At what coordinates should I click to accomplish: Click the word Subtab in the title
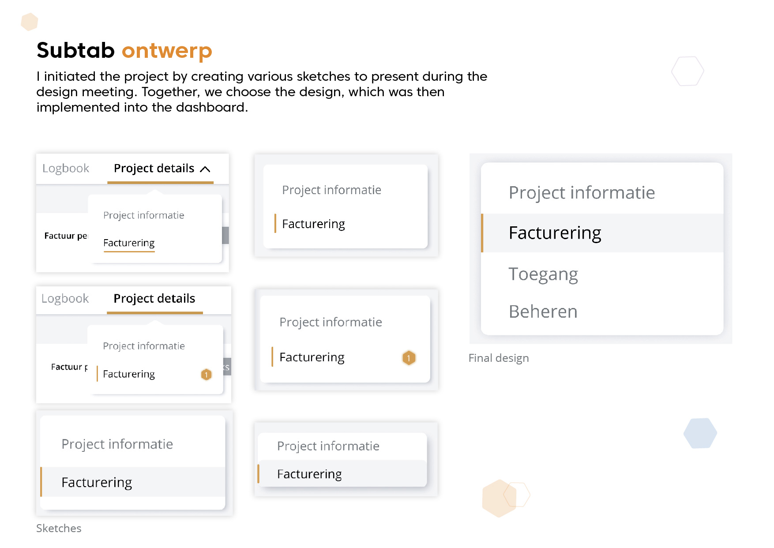[75, 50]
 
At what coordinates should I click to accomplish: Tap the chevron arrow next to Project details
[205, 169]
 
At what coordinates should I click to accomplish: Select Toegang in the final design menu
[543, 274]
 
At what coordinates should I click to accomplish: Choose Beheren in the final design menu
[543, 312]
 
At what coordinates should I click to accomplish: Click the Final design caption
[498, 358]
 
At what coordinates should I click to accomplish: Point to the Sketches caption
[59, 529]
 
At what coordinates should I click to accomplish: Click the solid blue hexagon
[700, 433]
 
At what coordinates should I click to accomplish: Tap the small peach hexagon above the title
[30, 22]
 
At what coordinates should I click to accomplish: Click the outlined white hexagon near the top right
[688, 71]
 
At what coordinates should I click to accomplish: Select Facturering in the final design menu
[555, 233]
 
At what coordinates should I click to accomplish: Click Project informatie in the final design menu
[582, 193]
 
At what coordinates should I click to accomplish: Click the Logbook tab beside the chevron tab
[66, 169]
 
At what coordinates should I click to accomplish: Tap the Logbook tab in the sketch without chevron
[65, 299]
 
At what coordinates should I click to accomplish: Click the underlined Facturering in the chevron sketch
[129, 243]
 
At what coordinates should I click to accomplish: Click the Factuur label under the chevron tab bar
[65, 236]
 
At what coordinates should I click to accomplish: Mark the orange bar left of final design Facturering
[482, 233]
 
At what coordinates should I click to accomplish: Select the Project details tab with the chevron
[154, 169]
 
